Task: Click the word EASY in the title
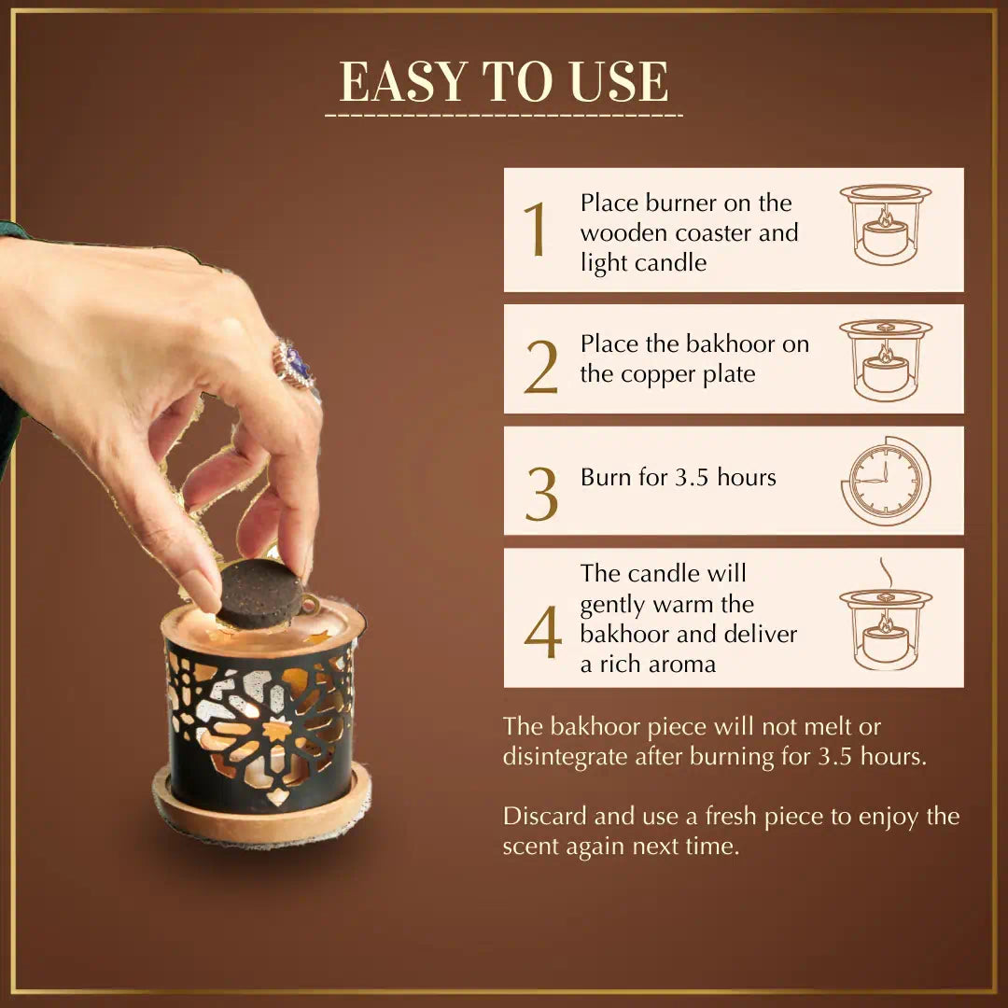click(x=402, y=81)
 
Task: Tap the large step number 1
click(x=535, y=229)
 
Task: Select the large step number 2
click(x=540, y=367)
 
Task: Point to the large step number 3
click(x=541, y=494)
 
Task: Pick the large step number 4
click(x=542, y=632)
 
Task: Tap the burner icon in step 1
click(x=886, y=224)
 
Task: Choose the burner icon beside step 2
click(x=886, y=360)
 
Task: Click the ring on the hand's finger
click(x=294, y=365)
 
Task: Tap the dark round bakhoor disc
click(x=260, y=594)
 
